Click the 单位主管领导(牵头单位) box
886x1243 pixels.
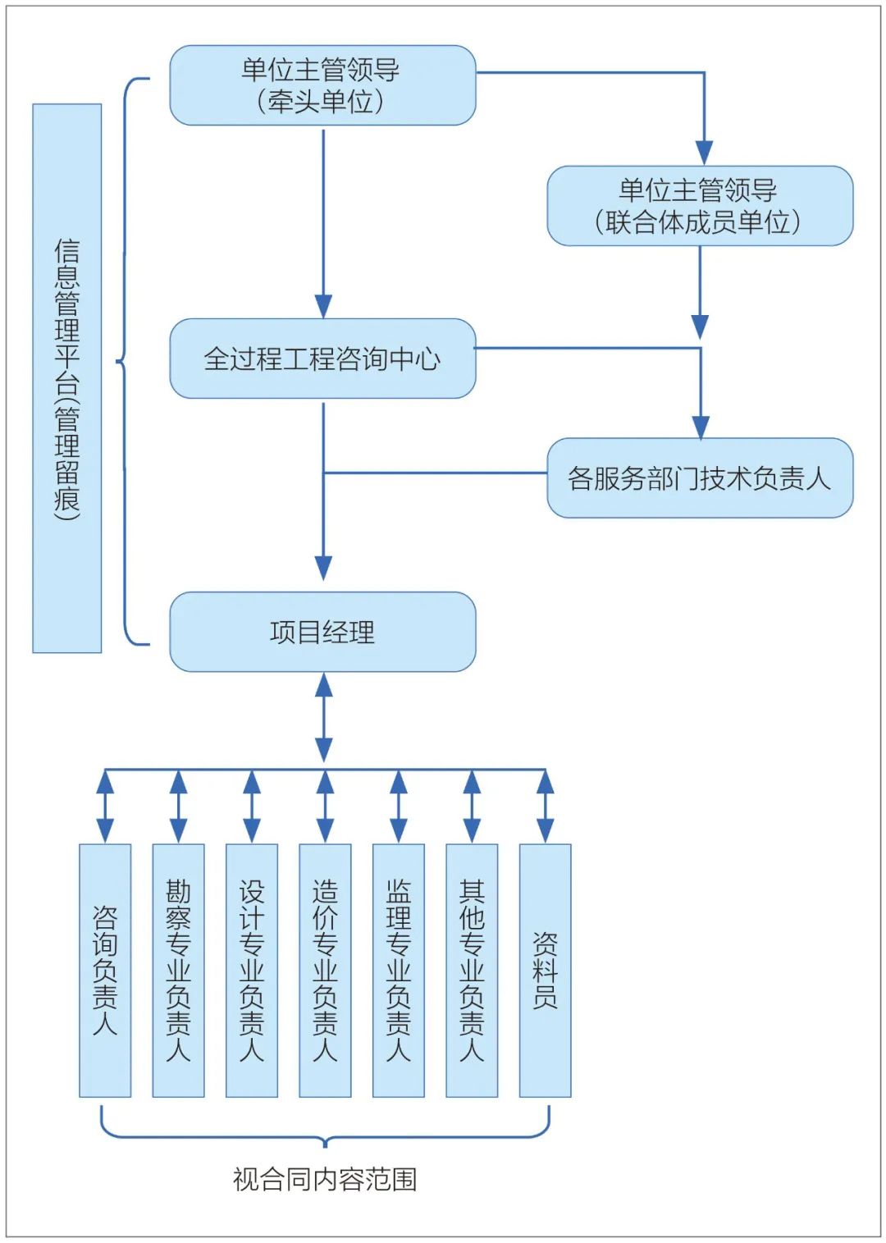(x=322, y=85)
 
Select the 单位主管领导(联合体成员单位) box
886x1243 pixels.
(x=700, y=206)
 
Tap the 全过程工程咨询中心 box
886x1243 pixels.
(x=322, y=359)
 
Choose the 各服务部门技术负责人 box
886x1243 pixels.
(x=700, y=478)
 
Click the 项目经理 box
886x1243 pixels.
(x=322, y=632)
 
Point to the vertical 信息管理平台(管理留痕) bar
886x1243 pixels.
(x=67, y=378)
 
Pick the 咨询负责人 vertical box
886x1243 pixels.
(x=105, y=970)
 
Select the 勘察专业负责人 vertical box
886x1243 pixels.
(x=178, y=970)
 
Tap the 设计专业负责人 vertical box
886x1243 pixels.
(x=252, y=970)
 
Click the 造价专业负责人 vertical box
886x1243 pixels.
(x=325, y=970)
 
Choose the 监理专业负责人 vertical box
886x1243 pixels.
(x=399, y=970)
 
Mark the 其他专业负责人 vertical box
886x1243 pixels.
(x=472, y=970)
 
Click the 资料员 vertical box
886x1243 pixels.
(x=545, y=970)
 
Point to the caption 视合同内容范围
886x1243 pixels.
(x=325, y=1179)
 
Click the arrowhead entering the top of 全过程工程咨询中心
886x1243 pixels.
(x=323, y=305)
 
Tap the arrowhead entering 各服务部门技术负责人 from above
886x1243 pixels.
(x=701, y=426)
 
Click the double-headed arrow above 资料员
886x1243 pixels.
(x=545, y=807)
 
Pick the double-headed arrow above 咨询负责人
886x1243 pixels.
(x=105, y=807)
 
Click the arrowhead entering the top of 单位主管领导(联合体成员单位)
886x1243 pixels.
(x=704, y=153)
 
